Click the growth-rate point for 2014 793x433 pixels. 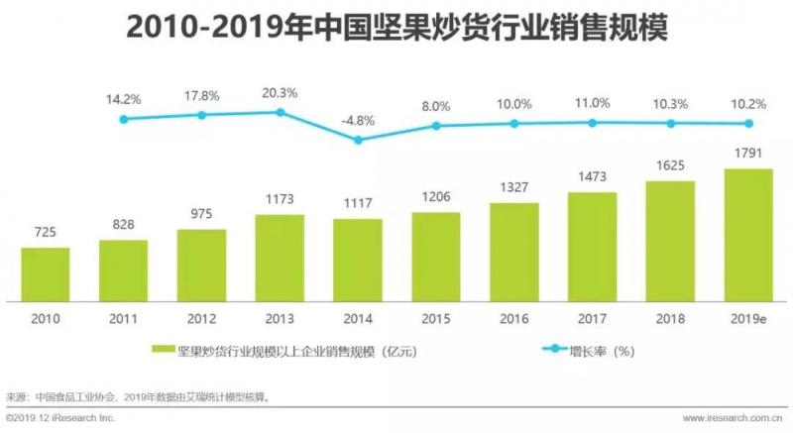(358, 140)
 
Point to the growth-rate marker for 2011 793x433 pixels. (124, 119)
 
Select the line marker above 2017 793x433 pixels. (593, 123)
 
